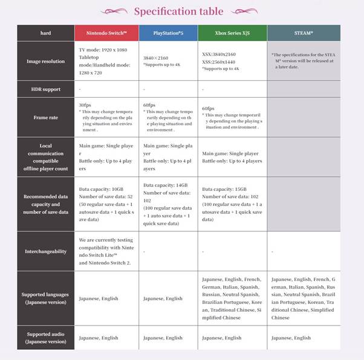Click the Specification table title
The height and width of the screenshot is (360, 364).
click(x=178, y=11)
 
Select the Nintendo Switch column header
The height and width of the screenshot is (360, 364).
click(x=106, y=33)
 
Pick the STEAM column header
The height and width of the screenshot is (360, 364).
click(x=304, y=33)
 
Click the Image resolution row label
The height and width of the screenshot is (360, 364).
click(x=46, y=61)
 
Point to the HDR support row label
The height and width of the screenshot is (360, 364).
click(x=46, y=89)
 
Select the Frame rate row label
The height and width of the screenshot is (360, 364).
click(x=46, y=118)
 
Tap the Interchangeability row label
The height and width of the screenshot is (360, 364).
click(x=46, y=251)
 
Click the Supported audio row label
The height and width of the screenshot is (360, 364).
click(x=46, y=338)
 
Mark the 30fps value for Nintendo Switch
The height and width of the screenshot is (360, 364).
click(x=86, y=104)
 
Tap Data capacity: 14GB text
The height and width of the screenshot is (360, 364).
click(x=166, y=185)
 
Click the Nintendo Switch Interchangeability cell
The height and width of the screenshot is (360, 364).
click(x=106, y=251)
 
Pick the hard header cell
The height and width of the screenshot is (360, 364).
click(x=46, y=33)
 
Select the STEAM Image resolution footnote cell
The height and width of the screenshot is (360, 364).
click(x=302, y=60)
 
